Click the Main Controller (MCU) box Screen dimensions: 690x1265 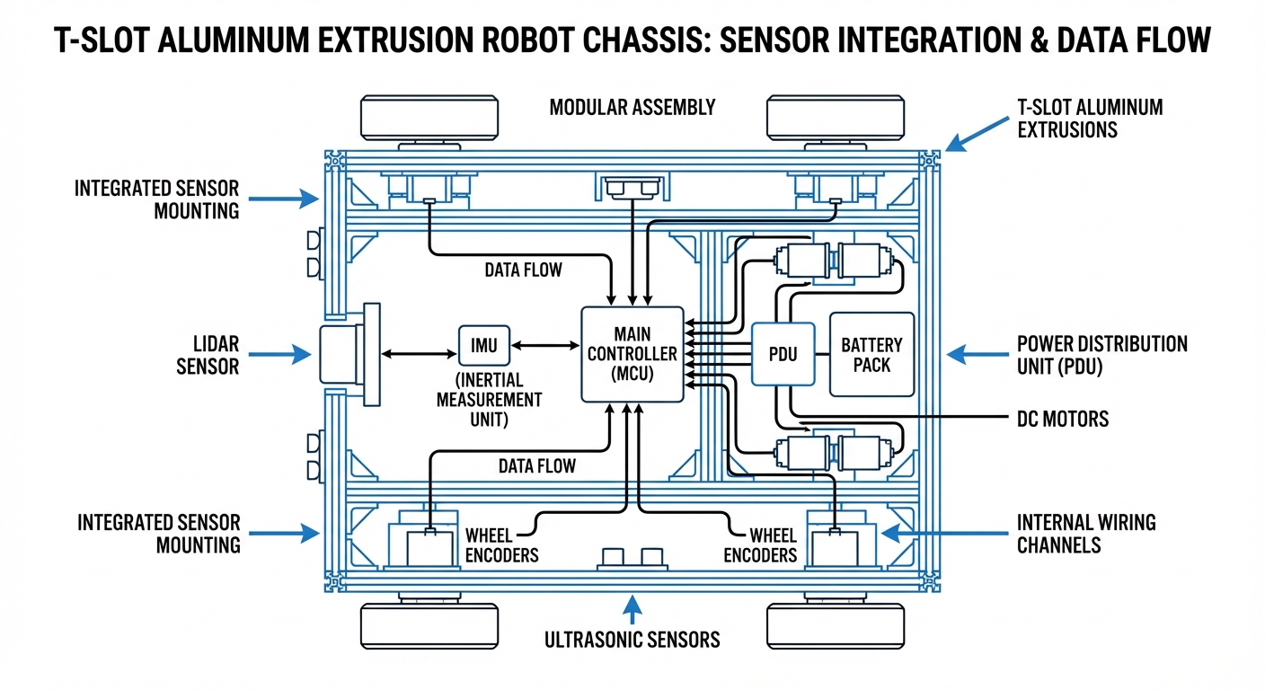[632, 354]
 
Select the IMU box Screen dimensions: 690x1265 [484, 344]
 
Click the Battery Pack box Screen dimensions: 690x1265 [871, 354]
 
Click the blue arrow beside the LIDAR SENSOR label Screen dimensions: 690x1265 [279, 355]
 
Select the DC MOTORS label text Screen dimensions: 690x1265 [1062, 419]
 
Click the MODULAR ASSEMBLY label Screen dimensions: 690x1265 [632, 108]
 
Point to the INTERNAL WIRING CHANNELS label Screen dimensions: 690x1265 [1086, 533]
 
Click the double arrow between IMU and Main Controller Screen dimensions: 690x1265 [545, 344]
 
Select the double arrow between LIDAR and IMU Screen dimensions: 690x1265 [419, 355]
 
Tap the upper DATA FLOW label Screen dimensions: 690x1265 [523, 270]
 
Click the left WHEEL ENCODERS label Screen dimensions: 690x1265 [501, 544]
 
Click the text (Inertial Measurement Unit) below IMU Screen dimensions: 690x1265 [489, 398]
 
